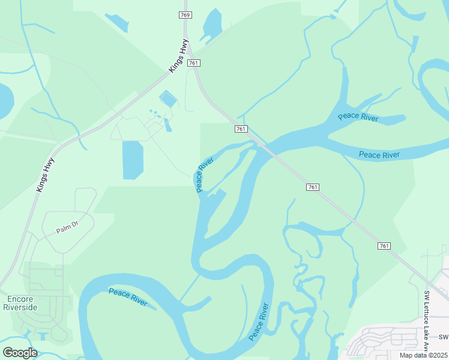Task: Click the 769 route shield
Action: (x=186, y=15)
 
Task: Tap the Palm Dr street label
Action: (x=68, y=227)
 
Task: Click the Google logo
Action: (x=19, y=352)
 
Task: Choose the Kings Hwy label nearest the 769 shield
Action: (x=178, y=61)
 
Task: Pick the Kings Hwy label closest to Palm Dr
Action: (x=45, y=175)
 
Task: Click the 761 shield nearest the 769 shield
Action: (x=193, y=63)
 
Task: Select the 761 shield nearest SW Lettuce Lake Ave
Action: (x=385, y=246)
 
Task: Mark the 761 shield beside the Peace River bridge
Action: (x=241, y=129)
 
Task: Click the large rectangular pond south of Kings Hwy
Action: (x=133, y=159)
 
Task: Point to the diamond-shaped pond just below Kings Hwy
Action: (x=168, y=99)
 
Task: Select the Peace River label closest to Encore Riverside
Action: (x=128, y=296)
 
